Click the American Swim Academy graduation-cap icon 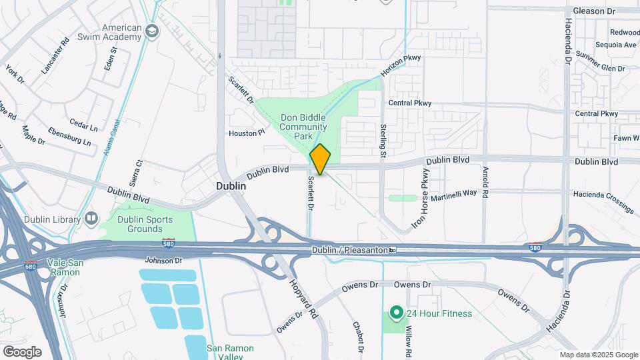(x=153, y=31)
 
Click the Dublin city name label (x=231, y=187)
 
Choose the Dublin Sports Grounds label (x=145, y=224)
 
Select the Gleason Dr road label (x=593, y=11)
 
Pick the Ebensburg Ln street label (x=69, y=136)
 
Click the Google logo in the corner (x=22, y=351)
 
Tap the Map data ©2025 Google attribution (x=598, y=355)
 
